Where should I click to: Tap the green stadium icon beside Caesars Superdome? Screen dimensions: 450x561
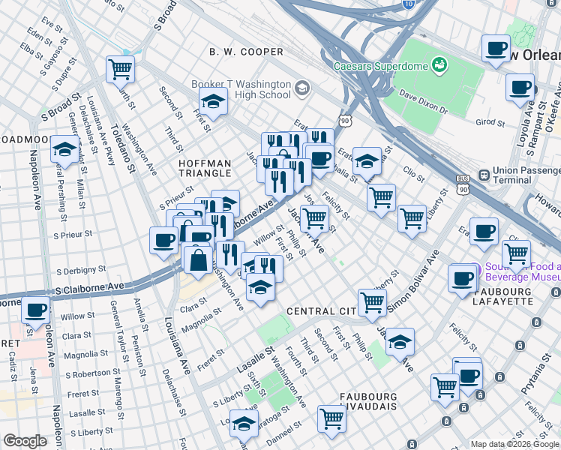(439, 66)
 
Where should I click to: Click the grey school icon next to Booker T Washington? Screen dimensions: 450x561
(301, 89)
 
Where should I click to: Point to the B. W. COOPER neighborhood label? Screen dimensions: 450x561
(246, 52)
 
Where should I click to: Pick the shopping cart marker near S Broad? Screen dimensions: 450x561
(120, 70)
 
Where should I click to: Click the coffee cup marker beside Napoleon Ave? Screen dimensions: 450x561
(34, 310)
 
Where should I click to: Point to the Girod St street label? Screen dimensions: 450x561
(490, 121)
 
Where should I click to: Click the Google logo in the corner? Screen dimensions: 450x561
(25, 441)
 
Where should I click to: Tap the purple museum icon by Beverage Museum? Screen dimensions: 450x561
(474, 269)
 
